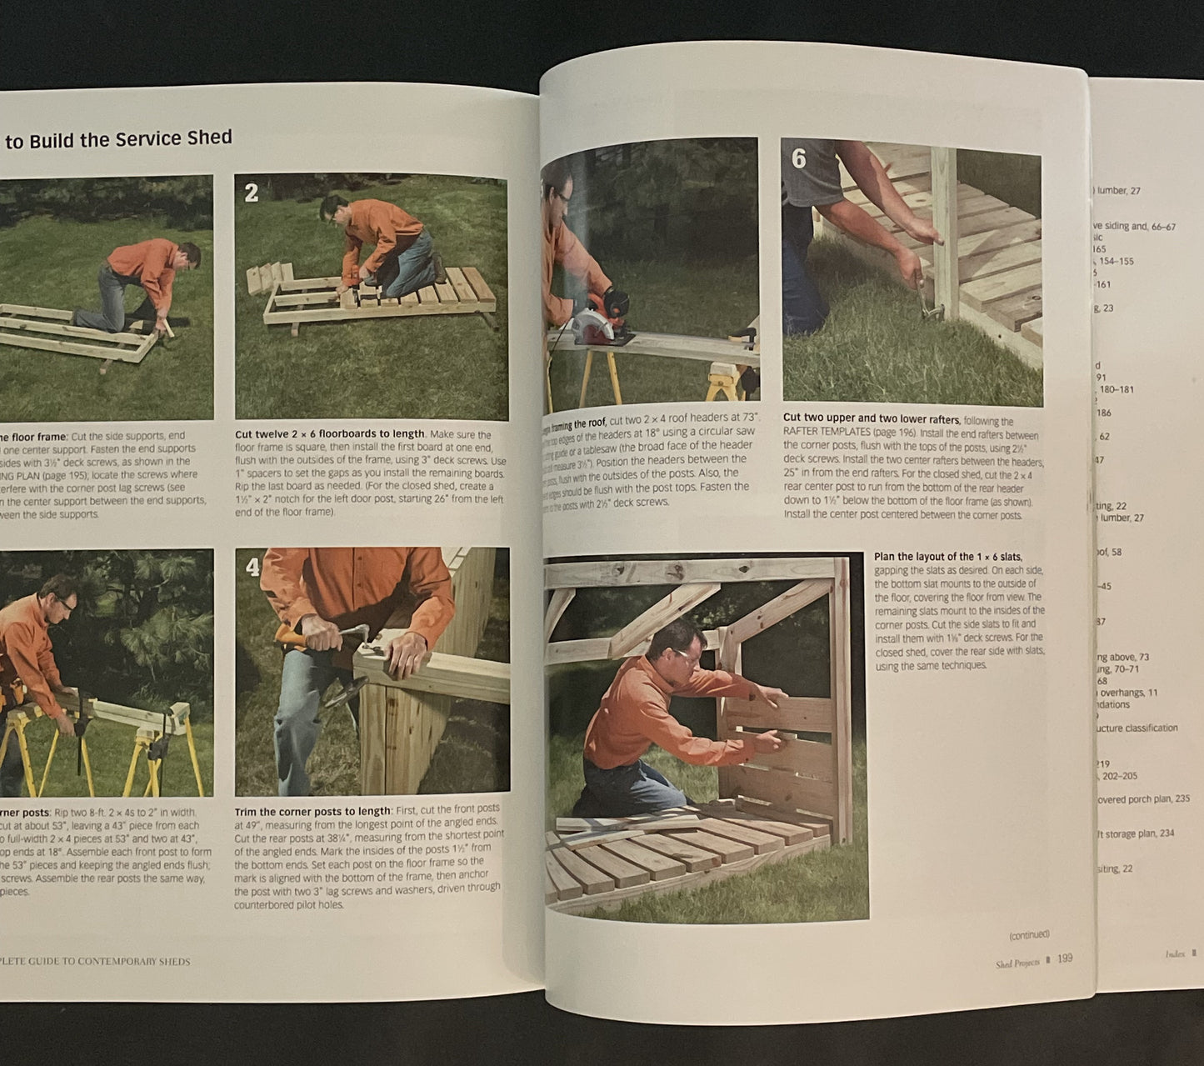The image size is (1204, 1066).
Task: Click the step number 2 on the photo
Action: click(252, 193)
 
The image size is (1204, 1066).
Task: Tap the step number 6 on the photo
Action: click(799, 158)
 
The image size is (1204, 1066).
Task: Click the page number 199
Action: click(1064, 958)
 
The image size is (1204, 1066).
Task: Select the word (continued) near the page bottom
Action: click(1029, 934)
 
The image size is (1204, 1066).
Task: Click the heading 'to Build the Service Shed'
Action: click(118, 139)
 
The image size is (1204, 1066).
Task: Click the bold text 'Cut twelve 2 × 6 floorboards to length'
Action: click(330, 433)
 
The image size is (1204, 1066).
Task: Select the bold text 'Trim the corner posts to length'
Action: click(312, 811)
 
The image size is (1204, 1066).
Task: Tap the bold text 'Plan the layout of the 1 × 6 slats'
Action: click(947, 557)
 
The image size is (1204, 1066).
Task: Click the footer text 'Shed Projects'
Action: click(1017, 963)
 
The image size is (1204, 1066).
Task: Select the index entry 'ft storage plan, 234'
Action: click(1135, 833)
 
